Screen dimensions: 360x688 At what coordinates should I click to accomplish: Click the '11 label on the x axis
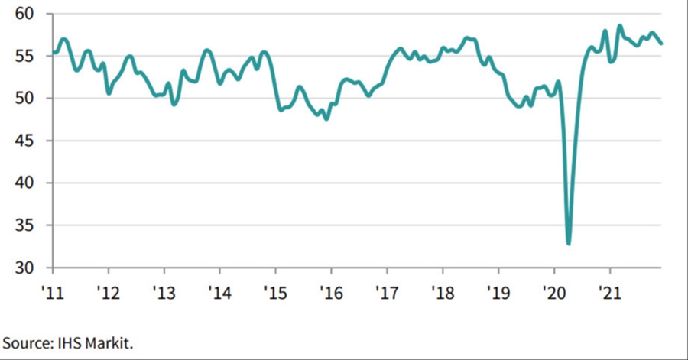(53, 291)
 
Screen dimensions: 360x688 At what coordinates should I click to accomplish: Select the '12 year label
(109, 291)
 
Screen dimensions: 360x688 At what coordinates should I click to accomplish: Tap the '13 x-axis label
(164, 291)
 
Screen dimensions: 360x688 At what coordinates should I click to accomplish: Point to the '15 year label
(275, 291)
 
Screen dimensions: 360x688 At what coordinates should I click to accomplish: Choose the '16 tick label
(331, 291)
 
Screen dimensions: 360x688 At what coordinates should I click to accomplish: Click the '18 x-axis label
(442, 291)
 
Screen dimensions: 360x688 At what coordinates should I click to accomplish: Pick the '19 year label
(498, 291)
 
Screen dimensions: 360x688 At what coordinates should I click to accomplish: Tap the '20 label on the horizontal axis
(553, 291)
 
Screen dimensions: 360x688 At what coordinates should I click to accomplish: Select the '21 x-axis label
(609, 291)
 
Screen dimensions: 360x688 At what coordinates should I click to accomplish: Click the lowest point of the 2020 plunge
(568, 243)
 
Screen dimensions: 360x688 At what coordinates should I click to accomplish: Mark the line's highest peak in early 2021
(620, 26)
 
